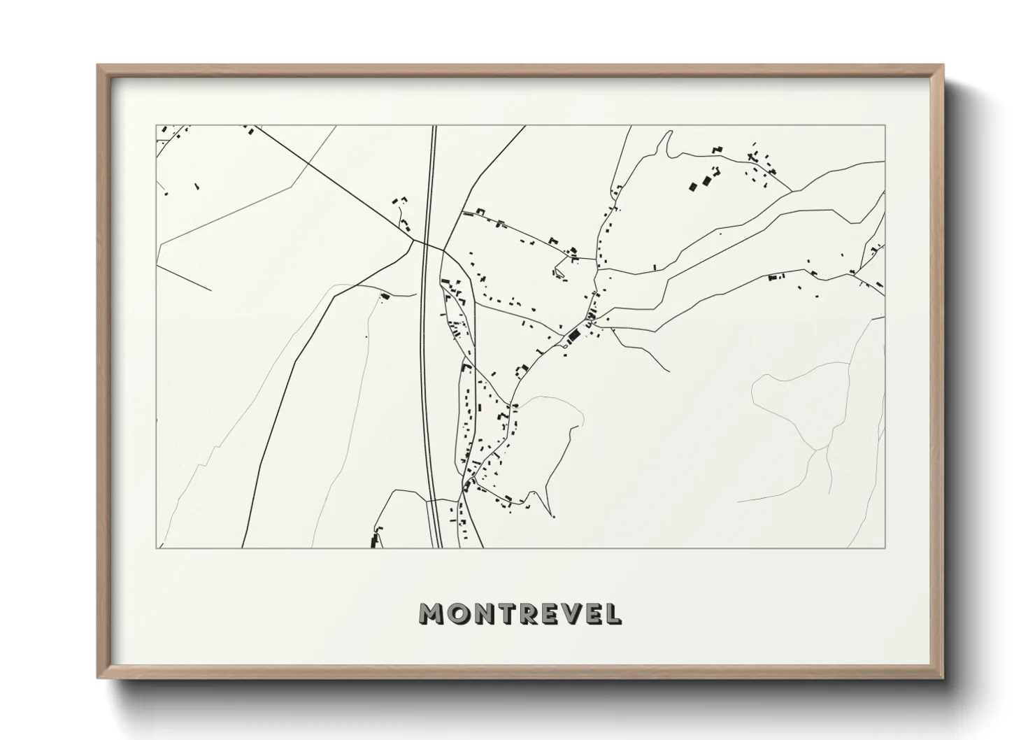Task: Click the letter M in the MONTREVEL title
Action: tap(431, 615)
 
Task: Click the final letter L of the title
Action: tap(612, 615)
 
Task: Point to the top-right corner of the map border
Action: tap(885, 126)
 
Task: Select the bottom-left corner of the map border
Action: tap(156, 548)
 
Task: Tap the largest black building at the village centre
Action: tap(574, 336)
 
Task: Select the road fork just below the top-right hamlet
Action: tap(791, 190)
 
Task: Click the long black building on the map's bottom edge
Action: tap(373, 541)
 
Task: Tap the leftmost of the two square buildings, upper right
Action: tap(692, 186)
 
